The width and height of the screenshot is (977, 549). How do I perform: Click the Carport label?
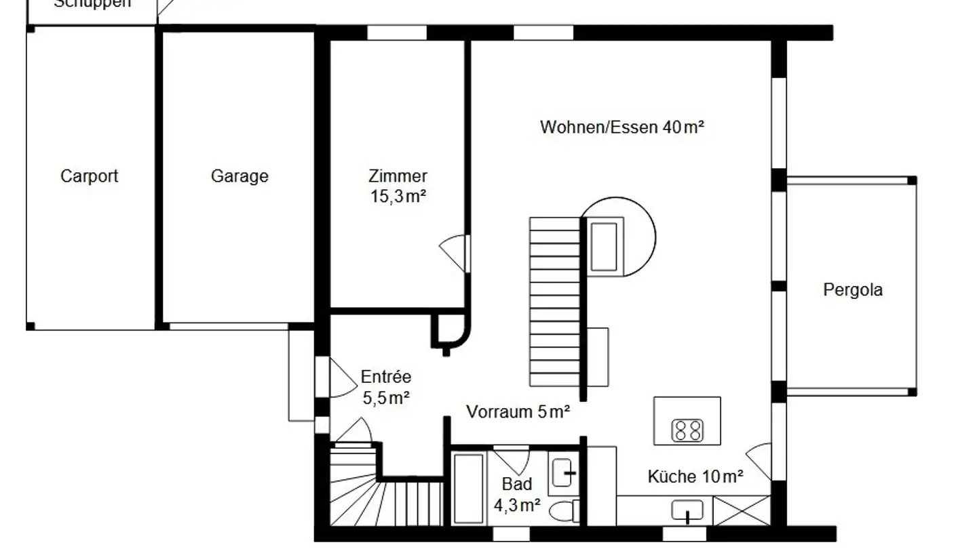point(89,176)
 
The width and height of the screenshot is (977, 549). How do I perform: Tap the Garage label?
point(240,176)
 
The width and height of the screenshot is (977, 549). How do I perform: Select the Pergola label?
point(853,290)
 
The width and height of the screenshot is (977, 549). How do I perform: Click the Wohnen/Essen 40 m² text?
point(621,127)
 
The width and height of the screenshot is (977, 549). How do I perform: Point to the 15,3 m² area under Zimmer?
point(398,197)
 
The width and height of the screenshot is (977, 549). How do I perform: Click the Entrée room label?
point(385,377)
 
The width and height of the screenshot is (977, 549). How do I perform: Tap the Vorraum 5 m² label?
point(518,411)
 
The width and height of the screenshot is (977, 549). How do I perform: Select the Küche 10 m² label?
point(695,476)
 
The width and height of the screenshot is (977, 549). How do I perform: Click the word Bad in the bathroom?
point(517,484)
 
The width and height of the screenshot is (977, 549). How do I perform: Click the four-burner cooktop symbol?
point(687,430)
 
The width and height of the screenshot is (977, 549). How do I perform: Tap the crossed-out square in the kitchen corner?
point(742,510)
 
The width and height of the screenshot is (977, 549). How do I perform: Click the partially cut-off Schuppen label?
point(92,4)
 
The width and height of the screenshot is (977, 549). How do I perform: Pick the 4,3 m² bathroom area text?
point(517,504)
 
